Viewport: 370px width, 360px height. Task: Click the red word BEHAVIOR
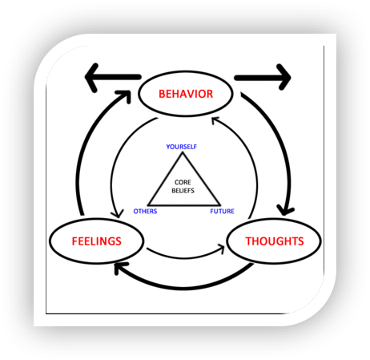(186, 94)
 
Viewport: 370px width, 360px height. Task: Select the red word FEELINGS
(97, 241)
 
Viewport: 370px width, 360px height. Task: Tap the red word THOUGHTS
(275, 241)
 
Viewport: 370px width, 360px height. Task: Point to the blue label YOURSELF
(181, 147)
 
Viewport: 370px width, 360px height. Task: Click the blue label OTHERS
(145, 212)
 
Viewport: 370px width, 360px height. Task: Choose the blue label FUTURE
(222, 212)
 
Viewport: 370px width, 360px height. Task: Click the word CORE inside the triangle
(183, 182)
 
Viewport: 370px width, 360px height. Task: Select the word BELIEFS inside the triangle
(183, 191)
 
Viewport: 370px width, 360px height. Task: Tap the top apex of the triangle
(183, 152)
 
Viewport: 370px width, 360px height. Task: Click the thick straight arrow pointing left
(113, 78)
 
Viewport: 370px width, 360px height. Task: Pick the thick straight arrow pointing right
(263, 78)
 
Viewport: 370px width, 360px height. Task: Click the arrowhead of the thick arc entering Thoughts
(285, 210)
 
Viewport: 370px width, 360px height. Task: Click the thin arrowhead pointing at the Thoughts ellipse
(222, 249)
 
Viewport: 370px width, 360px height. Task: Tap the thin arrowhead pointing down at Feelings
(118, 214)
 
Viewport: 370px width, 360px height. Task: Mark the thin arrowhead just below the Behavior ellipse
(215, 120)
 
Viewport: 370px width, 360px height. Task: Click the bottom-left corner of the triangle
(148, 205)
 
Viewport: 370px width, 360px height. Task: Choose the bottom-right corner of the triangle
(220, 205)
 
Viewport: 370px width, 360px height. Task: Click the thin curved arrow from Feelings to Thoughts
(185, 258)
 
